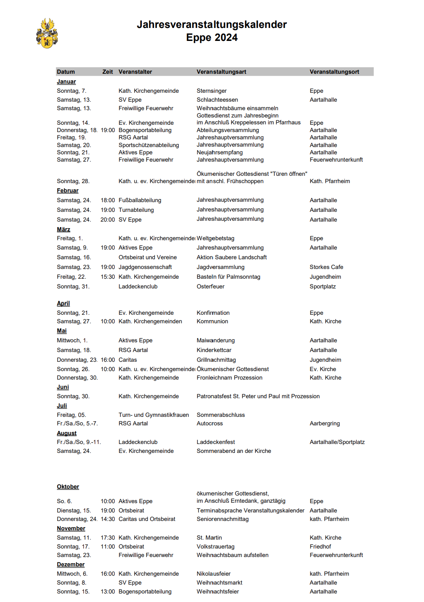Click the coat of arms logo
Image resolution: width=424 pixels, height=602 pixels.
(x=47, y=33)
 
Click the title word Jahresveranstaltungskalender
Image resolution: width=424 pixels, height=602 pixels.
(x=212, y=25)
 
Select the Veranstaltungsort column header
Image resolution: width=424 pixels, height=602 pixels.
(x=334, y=72)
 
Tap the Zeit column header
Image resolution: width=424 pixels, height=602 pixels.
(x=107, y=72)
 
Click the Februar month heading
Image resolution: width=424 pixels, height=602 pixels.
(x=67, y=190)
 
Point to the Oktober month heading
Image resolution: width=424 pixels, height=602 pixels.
(x=68, y=487)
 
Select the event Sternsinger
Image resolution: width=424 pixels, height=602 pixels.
(x=212, y=91)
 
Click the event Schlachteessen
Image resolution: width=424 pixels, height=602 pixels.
(x=217, y=100)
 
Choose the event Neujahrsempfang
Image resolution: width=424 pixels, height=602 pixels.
(x=220, y=152)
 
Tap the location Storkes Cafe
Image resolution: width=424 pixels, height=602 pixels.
(x=326, y=267)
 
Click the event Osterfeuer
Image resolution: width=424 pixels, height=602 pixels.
(x=210, y=286)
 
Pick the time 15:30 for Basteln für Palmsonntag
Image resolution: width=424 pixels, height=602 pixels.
(x=108, y=277)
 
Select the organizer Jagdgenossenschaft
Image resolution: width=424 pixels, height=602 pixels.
(x=145, y=267)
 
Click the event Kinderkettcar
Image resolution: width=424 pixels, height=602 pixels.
(x=214, y=350)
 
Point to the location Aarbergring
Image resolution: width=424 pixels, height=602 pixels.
(x=325, y=423)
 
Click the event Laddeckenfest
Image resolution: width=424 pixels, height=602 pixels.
(x=216, y=442)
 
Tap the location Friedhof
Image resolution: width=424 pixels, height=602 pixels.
(x=320, y=546)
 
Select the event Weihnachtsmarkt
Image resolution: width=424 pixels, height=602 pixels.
(x=219, y=583)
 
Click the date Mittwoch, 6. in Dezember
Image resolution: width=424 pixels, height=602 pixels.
(x=72, y=574)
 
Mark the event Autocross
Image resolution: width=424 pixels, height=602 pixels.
(x=210, y=423)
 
